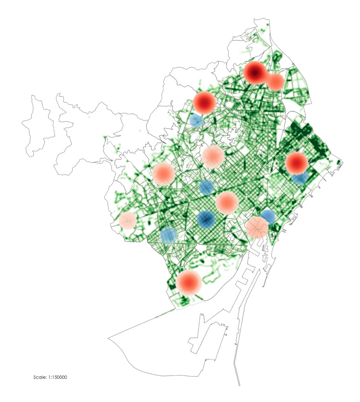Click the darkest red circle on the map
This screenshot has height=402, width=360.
click(255, 73)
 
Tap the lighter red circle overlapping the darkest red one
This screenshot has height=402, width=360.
click(275, 82)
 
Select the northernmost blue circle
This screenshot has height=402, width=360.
click(196, 120)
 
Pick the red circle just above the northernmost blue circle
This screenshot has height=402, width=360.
click(205, 102)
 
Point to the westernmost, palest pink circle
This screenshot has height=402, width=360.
click(128, 220)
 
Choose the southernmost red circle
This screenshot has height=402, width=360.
click(188, 283)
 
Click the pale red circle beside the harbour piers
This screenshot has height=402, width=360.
click(257, 227)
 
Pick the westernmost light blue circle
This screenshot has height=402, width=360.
click(168, 235)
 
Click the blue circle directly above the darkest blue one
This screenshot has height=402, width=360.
click(206, 187)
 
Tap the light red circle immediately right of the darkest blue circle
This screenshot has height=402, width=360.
click(227, 203)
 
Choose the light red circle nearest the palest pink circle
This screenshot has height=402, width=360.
click(163, 174)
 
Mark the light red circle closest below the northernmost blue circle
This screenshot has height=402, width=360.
click(213, 156)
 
